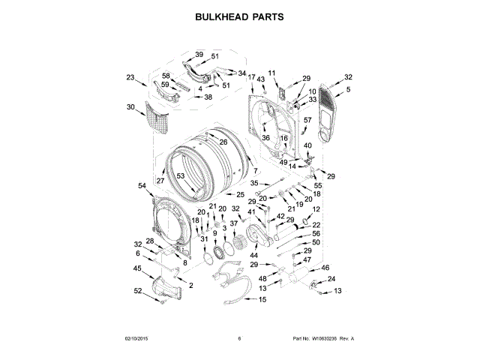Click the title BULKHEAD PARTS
pyautogui.click(x=239, y=16)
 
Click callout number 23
pyautogui.click(x=130, y=77)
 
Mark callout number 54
pyautogui.click(x=142, y=185)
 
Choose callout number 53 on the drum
pyautogui.click(x=180, y=176)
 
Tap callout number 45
pyautogui.click(x=137, y=268)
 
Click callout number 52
pyautogui.click(x=137, y=290)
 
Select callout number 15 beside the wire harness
pyautogui.click(x=262, y=299)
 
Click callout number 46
pyautogui.click(x=325, y=267)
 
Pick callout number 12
pyautogui.click(x=316, y=209)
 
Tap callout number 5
pyautogui.click(x=348, y=89)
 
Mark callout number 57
pyautogui.click(x=307, y=120)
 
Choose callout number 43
pyautogui.click(x=261, y=79)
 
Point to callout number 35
pyautogui.click(x=254, y=183)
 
